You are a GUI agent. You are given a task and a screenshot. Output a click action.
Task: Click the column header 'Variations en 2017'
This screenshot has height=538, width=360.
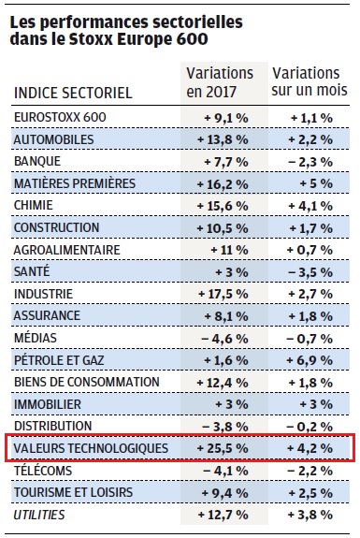click(x=220, y=82)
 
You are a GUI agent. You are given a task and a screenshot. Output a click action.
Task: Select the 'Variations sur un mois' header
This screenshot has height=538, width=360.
click(x=310, y=81)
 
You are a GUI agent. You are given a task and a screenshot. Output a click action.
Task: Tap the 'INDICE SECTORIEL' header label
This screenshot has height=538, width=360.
click(x=73, y=93)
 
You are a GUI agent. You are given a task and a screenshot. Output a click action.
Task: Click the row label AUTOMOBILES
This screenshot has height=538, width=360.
click(x=53, y=139)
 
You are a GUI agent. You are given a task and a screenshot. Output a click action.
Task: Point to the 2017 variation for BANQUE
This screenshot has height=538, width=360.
click(x=226, y=162)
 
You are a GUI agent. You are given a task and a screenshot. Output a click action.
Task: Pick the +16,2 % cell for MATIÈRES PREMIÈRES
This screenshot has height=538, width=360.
click(x=223, y=184)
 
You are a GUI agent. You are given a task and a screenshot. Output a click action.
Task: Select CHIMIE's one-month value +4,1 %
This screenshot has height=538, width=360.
click(x=310, y=206)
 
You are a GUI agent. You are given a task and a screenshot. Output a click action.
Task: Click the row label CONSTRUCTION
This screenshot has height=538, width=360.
click(x=56, y=227)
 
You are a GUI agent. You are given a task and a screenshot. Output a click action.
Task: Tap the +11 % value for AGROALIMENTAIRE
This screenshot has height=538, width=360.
click(x=229, y=250)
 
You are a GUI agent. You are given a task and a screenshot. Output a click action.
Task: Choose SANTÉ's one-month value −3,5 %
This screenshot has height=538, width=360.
click(x=310, y=272)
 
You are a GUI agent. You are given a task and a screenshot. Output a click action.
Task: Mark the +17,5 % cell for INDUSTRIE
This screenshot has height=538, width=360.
click(x=223, y=294)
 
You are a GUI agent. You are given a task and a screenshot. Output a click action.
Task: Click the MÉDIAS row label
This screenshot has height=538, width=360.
click(x=36, y=338)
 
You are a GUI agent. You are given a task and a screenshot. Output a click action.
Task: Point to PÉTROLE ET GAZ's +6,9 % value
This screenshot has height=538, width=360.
click(x=310, y=360)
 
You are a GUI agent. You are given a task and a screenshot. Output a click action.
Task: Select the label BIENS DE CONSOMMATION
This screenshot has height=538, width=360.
click(x=87, y=382)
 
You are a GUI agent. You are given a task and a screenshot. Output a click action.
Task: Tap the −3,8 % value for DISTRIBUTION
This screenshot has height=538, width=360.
click(x=225, y=427)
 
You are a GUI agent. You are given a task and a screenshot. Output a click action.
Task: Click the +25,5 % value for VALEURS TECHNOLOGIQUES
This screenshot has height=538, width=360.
click(x=223, y=448)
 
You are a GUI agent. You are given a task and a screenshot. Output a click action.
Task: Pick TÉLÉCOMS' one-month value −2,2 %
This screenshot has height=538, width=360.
click(x=310, y=471)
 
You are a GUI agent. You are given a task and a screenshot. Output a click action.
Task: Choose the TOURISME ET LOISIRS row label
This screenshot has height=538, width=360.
click(x=73, y=492)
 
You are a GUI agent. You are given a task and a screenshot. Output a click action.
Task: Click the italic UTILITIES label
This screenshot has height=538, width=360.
click(x=39, y=515)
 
